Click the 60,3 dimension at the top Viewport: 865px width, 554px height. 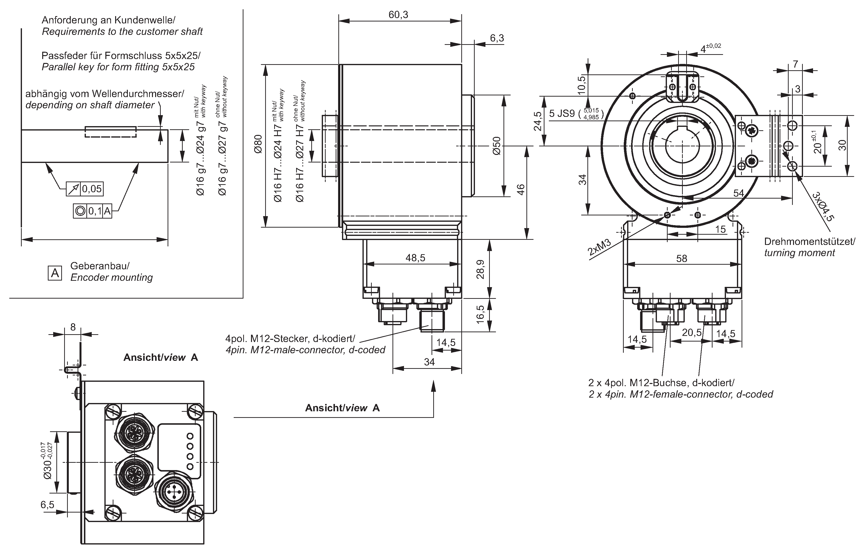pos(398,15)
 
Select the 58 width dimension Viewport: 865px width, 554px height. pos(681,258)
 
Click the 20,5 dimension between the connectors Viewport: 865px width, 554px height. pos(692,332)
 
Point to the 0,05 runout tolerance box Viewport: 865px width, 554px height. pos(92,189)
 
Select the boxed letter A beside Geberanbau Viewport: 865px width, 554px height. pos(55,273)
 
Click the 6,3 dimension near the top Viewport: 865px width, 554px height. pos(497,38)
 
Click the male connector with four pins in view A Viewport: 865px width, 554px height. pos(174,491)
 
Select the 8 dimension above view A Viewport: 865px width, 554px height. pos(73,327)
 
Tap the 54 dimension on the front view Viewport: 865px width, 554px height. pos(738,193)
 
